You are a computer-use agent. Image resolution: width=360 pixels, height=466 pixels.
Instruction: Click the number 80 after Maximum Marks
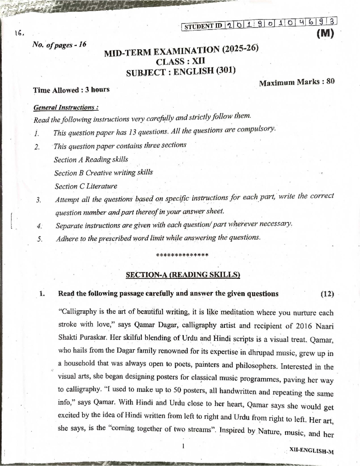click(330, 81)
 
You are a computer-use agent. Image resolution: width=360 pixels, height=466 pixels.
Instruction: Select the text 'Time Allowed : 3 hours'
click(71, 90)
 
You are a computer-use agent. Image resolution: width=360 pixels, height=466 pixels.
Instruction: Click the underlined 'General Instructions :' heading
click(66, 107)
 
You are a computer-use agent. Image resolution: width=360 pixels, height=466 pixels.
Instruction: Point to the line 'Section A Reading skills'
click(91, 159)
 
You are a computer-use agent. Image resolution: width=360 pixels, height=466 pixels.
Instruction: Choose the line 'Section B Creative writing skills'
click(103, 173)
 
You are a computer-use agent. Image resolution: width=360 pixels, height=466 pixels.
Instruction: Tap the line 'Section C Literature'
click(86, 186)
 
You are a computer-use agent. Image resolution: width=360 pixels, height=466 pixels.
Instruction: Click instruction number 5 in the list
click(39, 239)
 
